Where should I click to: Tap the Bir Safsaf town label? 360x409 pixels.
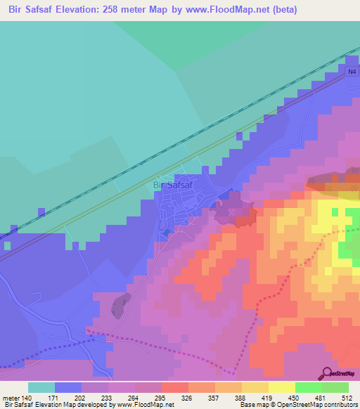pos(173,186)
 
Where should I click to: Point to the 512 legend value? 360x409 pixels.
pos(345,397)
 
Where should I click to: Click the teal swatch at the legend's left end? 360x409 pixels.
pos(41,387)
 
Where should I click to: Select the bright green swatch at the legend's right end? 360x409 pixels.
pos(335,387)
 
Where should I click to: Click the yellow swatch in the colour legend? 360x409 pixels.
pos(255,387)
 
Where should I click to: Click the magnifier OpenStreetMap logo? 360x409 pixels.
pos(328,373)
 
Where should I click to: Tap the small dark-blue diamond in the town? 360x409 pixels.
pos(166,231)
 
